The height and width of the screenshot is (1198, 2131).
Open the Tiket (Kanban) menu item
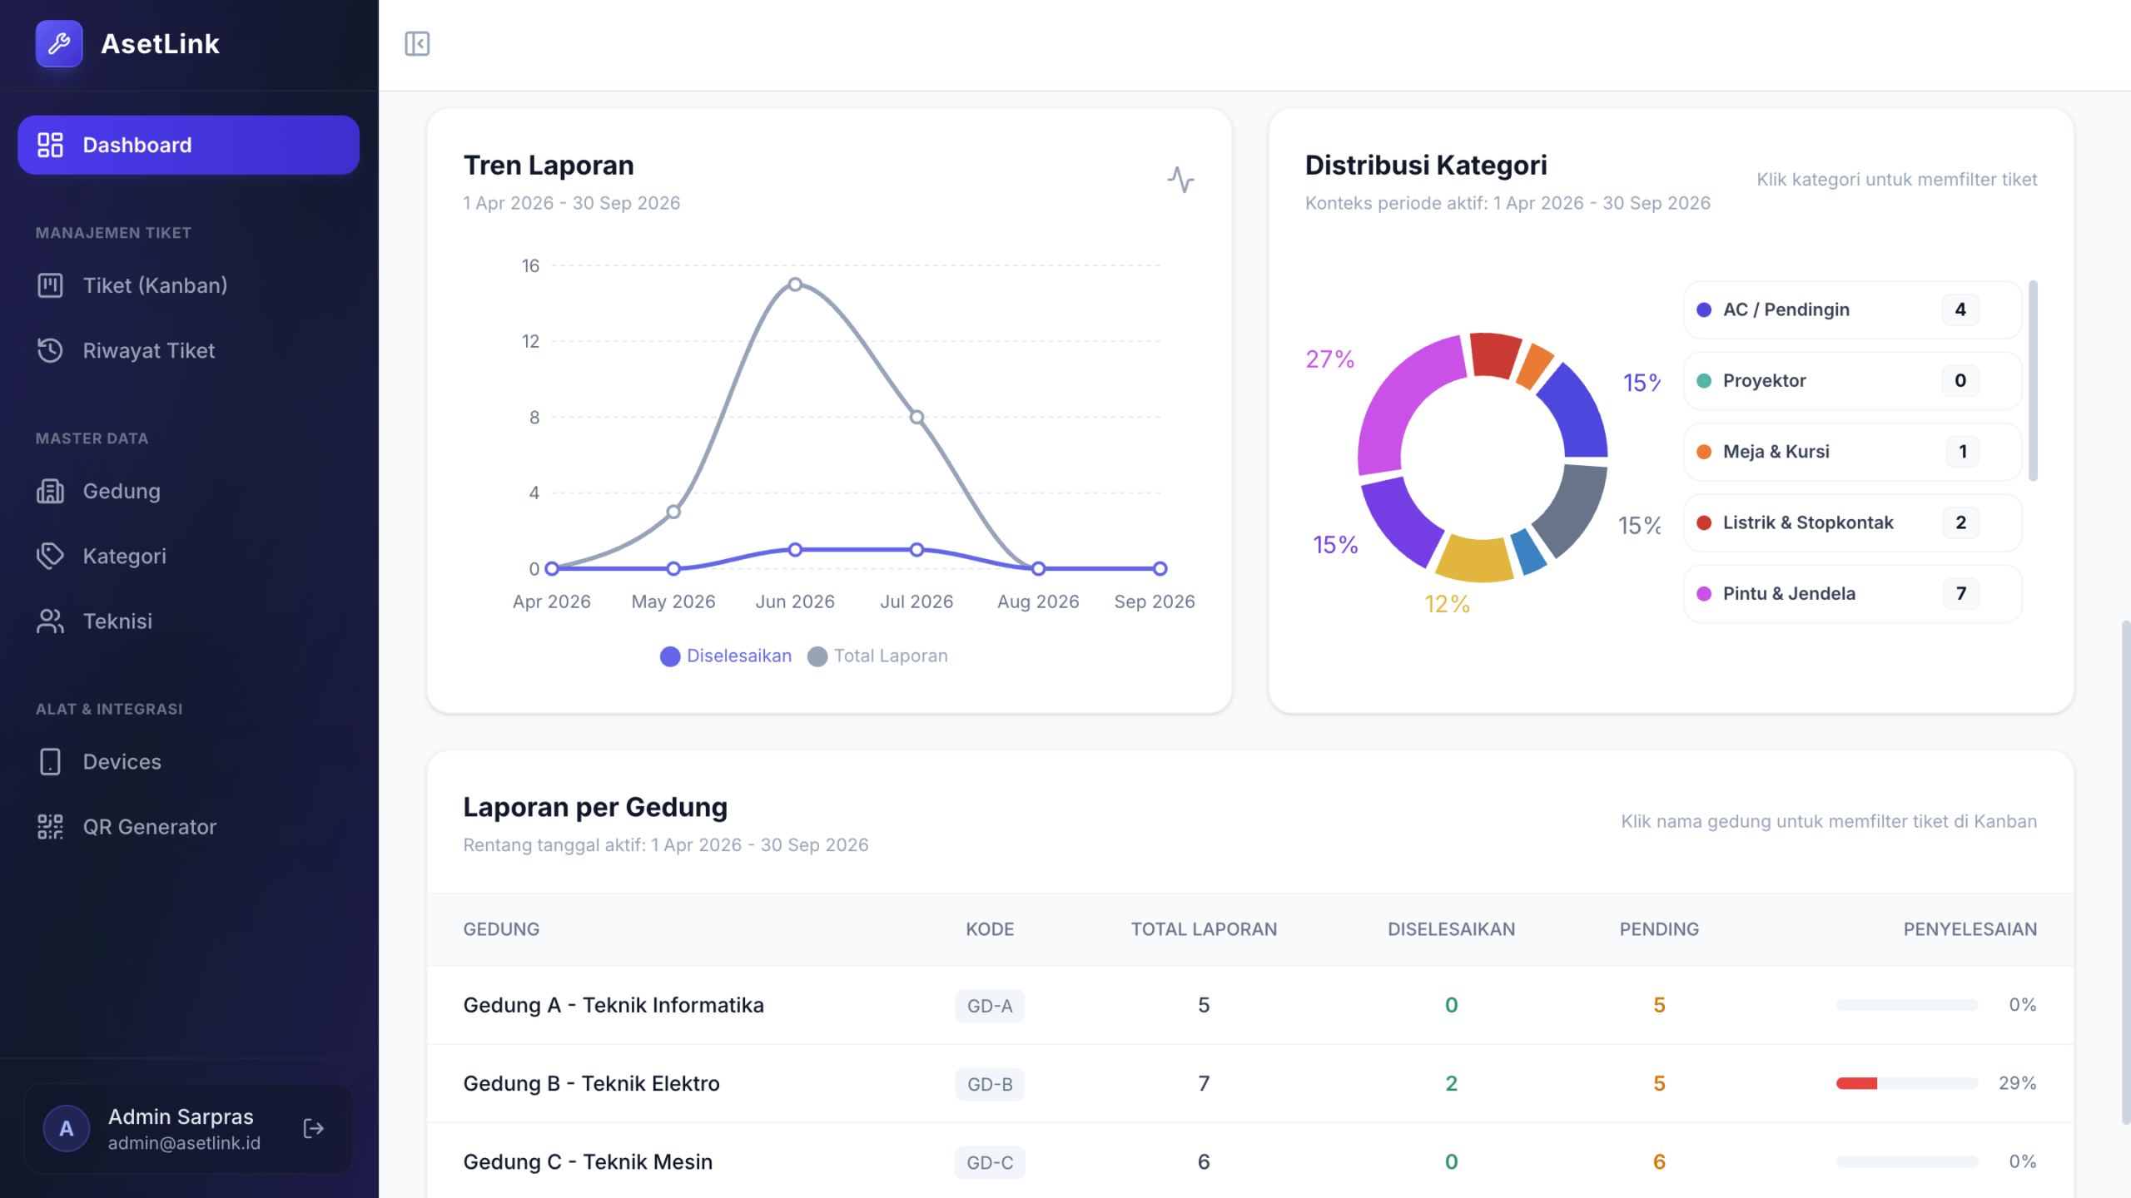tap(155, 285)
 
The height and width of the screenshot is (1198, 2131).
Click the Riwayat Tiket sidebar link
tap(149, 350)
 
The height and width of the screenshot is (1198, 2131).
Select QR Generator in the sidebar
tap(150, 826)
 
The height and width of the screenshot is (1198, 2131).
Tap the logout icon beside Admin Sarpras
tap(314, 1128)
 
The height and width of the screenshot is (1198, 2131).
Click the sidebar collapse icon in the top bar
tap(417, 43)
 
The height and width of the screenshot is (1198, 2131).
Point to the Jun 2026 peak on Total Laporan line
tap(795, 285)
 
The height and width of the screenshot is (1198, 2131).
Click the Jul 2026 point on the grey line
tap(916, 417)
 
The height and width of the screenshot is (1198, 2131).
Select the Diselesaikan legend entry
tap(726, 656)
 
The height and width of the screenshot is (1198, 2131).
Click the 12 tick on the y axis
tap(530, 341)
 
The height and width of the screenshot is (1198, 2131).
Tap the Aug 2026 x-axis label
tap(1038, 601)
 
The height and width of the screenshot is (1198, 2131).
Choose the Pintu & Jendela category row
tap(1852, 593)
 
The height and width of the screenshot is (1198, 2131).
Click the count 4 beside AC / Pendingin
tap(1960, 309)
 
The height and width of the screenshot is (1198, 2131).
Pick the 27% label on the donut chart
tap(1329, 359)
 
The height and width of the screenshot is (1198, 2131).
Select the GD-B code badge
tap(990, 1084)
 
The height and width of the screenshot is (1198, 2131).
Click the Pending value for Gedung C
tap(1659, 1161)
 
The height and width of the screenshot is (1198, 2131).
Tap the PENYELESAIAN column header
tap(1970, 929)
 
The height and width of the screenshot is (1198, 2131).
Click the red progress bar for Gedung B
tap(1856, 1083)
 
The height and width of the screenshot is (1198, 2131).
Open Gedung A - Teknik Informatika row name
tap(613, 1005)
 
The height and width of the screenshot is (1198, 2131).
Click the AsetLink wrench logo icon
tap(59, 43)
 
